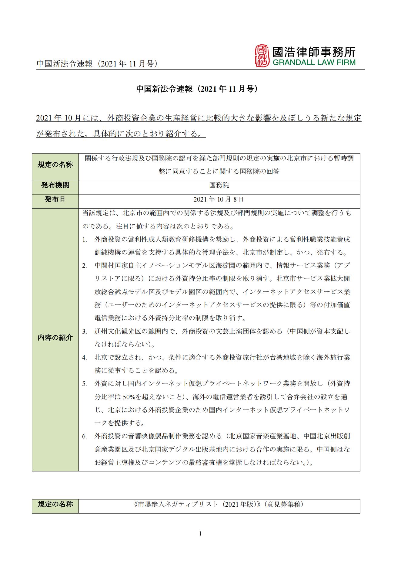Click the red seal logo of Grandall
262,56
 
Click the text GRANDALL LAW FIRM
314,63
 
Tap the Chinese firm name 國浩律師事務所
314,52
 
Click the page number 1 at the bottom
200,534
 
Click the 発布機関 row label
55,185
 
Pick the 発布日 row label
55,199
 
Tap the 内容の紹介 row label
55,338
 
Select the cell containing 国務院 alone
219,185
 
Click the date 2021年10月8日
219,199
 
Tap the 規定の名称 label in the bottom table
55,505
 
